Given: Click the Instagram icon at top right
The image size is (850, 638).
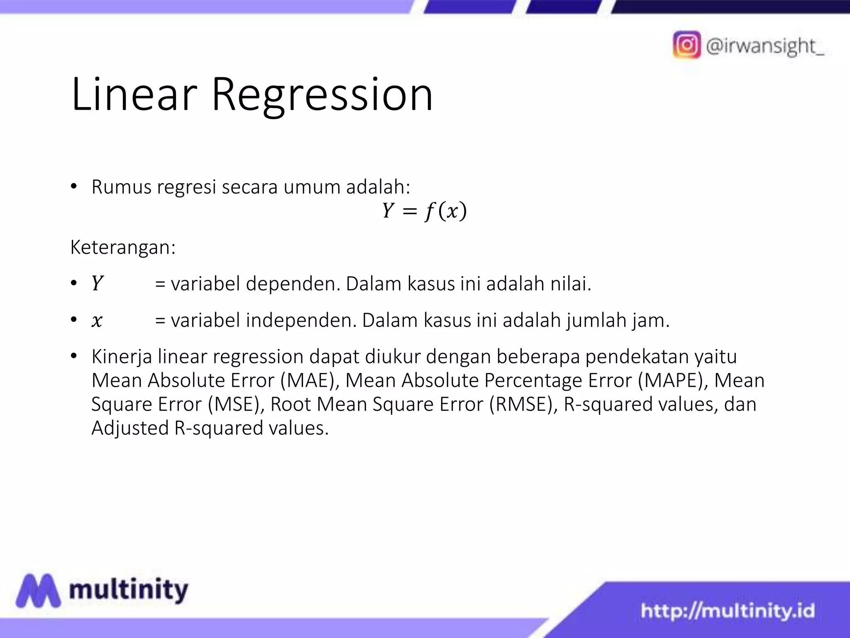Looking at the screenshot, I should (x=686, y=45).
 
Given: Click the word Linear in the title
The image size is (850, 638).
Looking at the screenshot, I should (x=134, y=95).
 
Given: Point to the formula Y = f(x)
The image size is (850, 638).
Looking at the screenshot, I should (x=424, y=211).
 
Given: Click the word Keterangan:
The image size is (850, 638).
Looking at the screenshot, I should (x=123, y=248).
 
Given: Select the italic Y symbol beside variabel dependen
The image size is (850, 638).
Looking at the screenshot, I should (x=97, y=284).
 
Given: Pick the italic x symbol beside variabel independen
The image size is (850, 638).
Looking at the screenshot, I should (x=97, y=321).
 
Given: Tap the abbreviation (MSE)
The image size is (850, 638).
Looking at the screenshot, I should (x=236, y=404).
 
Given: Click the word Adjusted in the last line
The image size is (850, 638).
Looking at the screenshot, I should (x=130, y=428).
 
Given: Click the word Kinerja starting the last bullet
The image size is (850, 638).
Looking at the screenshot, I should (x=122, y=357).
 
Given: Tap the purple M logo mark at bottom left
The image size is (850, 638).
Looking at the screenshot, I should (x=38, y=590).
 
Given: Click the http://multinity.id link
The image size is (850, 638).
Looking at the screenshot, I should (x=728, y=611).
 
